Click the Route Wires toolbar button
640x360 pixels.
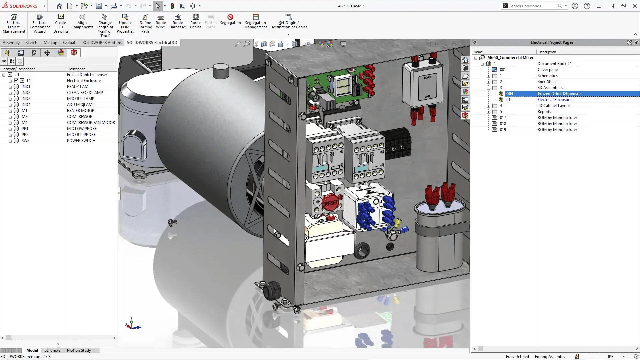[x=161, y=21]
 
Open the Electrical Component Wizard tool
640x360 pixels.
[x=40, y=23]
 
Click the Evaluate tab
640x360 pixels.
[x=70, y=43]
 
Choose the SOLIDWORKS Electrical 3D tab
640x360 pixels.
[x=152, y=43]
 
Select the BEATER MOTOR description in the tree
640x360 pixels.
[x=81, y=111]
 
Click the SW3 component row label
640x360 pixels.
[x=25, y=141]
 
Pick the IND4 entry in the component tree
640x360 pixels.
[x=26, y=105]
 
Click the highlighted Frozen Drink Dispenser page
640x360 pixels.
[x=559, y=94]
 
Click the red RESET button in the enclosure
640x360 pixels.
[x=331, y=202]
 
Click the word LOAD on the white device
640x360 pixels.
[x=427, y=77]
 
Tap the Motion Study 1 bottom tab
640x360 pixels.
[x=80, y=350]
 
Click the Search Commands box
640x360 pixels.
[x=533, y=6]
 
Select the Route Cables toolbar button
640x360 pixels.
[x=195, y=21]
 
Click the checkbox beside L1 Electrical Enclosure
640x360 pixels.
[x=16, y=81]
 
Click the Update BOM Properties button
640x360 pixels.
[x=125, y=23]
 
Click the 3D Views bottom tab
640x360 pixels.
[x=52, y=350]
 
